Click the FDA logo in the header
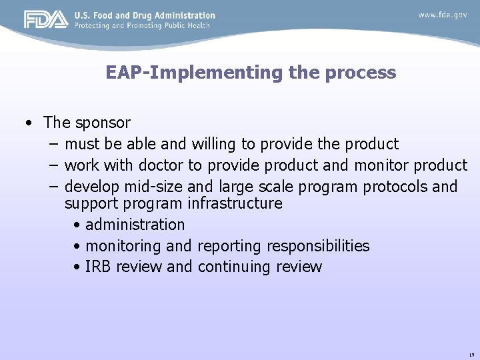coord(46,20)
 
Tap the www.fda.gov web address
coord(443,15)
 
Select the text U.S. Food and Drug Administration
coord(145,15)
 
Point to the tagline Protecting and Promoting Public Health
coord(142,25)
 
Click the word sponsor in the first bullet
coord(103,123)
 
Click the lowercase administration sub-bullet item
coord(135,225)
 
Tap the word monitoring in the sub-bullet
coord(123,246)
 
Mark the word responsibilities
coord(318,246)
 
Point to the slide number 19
coord(471,353)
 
